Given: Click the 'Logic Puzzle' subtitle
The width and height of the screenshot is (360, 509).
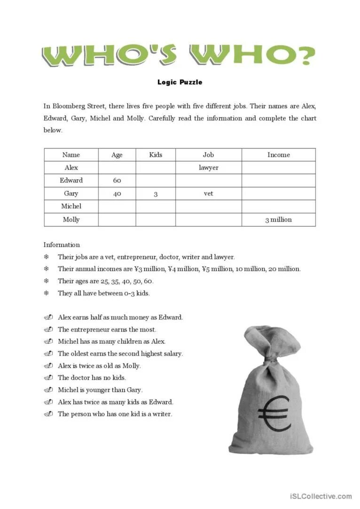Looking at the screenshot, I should point(180,82).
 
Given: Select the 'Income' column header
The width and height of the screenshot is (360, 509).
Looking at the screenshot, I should point(278,154).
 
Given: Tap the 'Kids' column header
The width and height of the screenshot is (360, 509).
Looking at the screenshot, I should point(156,154).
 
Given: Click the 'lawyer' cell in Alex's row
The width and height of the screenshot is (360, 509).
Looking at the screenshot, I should point(209,168).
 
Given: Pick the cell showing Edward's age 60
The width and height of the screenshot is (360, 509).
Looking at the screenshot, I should point(117,180).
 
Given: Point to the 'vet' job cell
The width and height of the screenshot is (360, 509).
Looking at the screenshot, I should point(209,193).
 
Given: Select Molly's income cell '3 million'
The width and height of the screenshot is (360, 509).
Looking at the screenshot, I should point(278,219).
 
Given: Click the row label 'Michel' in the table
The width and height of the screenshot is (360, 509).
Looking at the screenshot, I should point(71,206).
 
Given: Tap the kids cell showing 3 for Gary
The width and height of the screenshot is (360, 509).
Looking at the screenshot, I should point(156,193).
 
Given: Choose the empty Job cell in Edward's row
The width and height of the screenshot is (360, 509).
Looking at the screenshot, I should point(209,180).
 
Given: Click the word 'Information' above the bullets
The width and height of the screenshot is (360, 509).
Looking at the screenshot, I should point(62,245).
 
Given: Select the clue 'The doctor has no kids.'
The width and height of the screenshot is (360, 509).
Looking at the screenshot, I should point(92,378).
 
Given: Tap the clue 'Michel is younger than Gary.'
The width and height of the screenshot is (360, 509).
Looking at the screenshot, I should point(100,390).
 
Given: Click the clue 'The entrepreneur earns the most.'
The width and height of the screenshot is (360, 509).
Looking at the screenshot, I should point(107,329).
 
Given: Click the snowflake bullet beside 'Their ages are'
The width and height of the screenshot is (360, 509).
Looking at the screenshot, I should point(47,281).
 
